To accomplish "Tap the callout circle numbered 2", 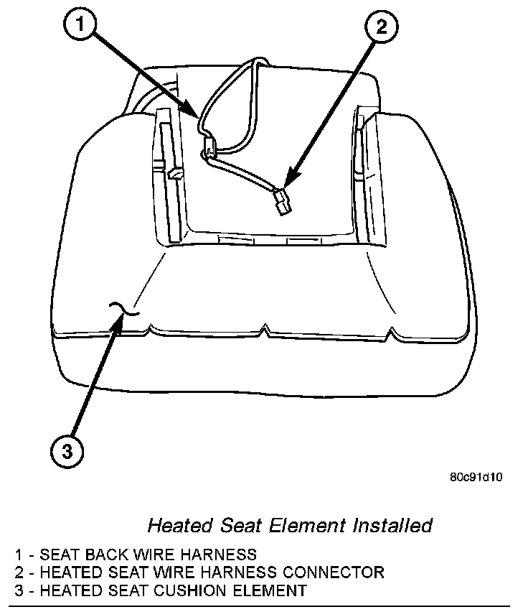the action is pos(381,28).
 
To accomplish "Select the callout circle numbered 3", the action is pos(66,451).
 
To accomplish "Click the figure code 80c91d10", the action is pos(476,476).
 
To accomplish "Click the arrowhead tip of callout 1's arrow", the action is pos(201,116).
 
